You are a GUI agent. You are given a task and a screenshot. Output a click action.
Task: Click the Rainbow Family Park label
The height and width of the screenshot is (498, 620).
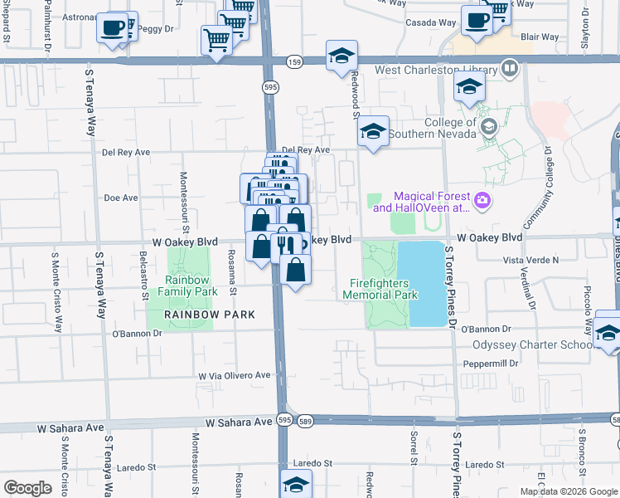[189, 286]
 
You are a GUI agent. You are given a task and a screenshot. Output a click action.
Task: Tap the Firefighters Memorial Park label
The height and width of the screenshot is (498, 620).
[381, 288]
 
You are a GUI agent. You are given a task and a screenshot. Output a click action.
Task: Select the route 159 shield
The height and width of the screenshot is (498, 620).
[294, 62]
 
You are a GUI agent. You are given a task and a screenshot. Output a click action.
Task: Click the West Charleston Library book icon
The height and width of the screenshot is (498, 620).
[509, 69]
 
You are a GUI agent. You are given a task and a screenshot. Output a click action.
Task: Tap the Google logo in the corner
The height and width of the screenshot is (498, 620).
[27, 487]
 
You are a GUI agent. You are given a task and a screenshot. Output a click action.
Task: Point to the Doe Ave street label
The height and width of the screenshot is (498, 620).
[120, 198]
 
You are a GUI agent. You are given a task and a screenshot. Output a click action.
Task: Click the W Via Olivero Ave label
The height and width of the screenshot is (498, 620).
[235, 375]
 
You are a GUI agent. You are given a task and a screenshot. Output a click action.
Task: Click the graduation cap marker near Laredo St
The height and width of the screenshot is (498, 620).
[296, 485]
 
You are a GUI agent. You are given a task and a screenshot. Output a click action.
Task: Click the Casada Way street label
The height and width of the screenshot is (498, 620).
[430, 22]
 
